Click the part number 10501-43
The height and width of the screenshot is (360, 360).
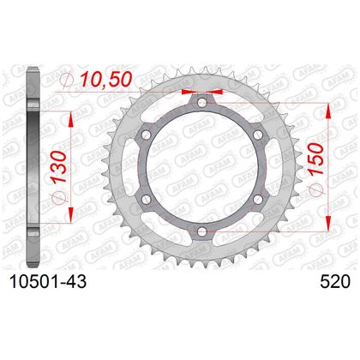[48, 282]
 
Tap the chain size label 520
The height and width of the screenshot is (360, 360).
[335, 282]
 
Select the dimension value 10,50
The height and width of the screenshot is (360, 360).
[106, 79]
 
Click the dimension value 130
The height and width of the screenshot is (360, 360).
[58, 167]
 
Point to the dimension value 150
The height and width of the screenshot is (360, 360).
[316, 159]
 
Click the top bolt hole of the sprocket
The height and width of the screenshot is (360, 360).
[202, 103]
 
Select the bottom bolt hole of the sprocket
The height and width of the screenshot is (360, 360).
[202, 231]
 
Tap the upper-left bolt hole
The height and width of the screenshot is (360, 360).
[147, 135]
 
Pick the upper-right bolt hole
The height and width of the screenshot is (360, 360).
[258, 135]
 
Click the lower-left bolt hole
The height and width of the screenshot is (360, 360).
[147, 199]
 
